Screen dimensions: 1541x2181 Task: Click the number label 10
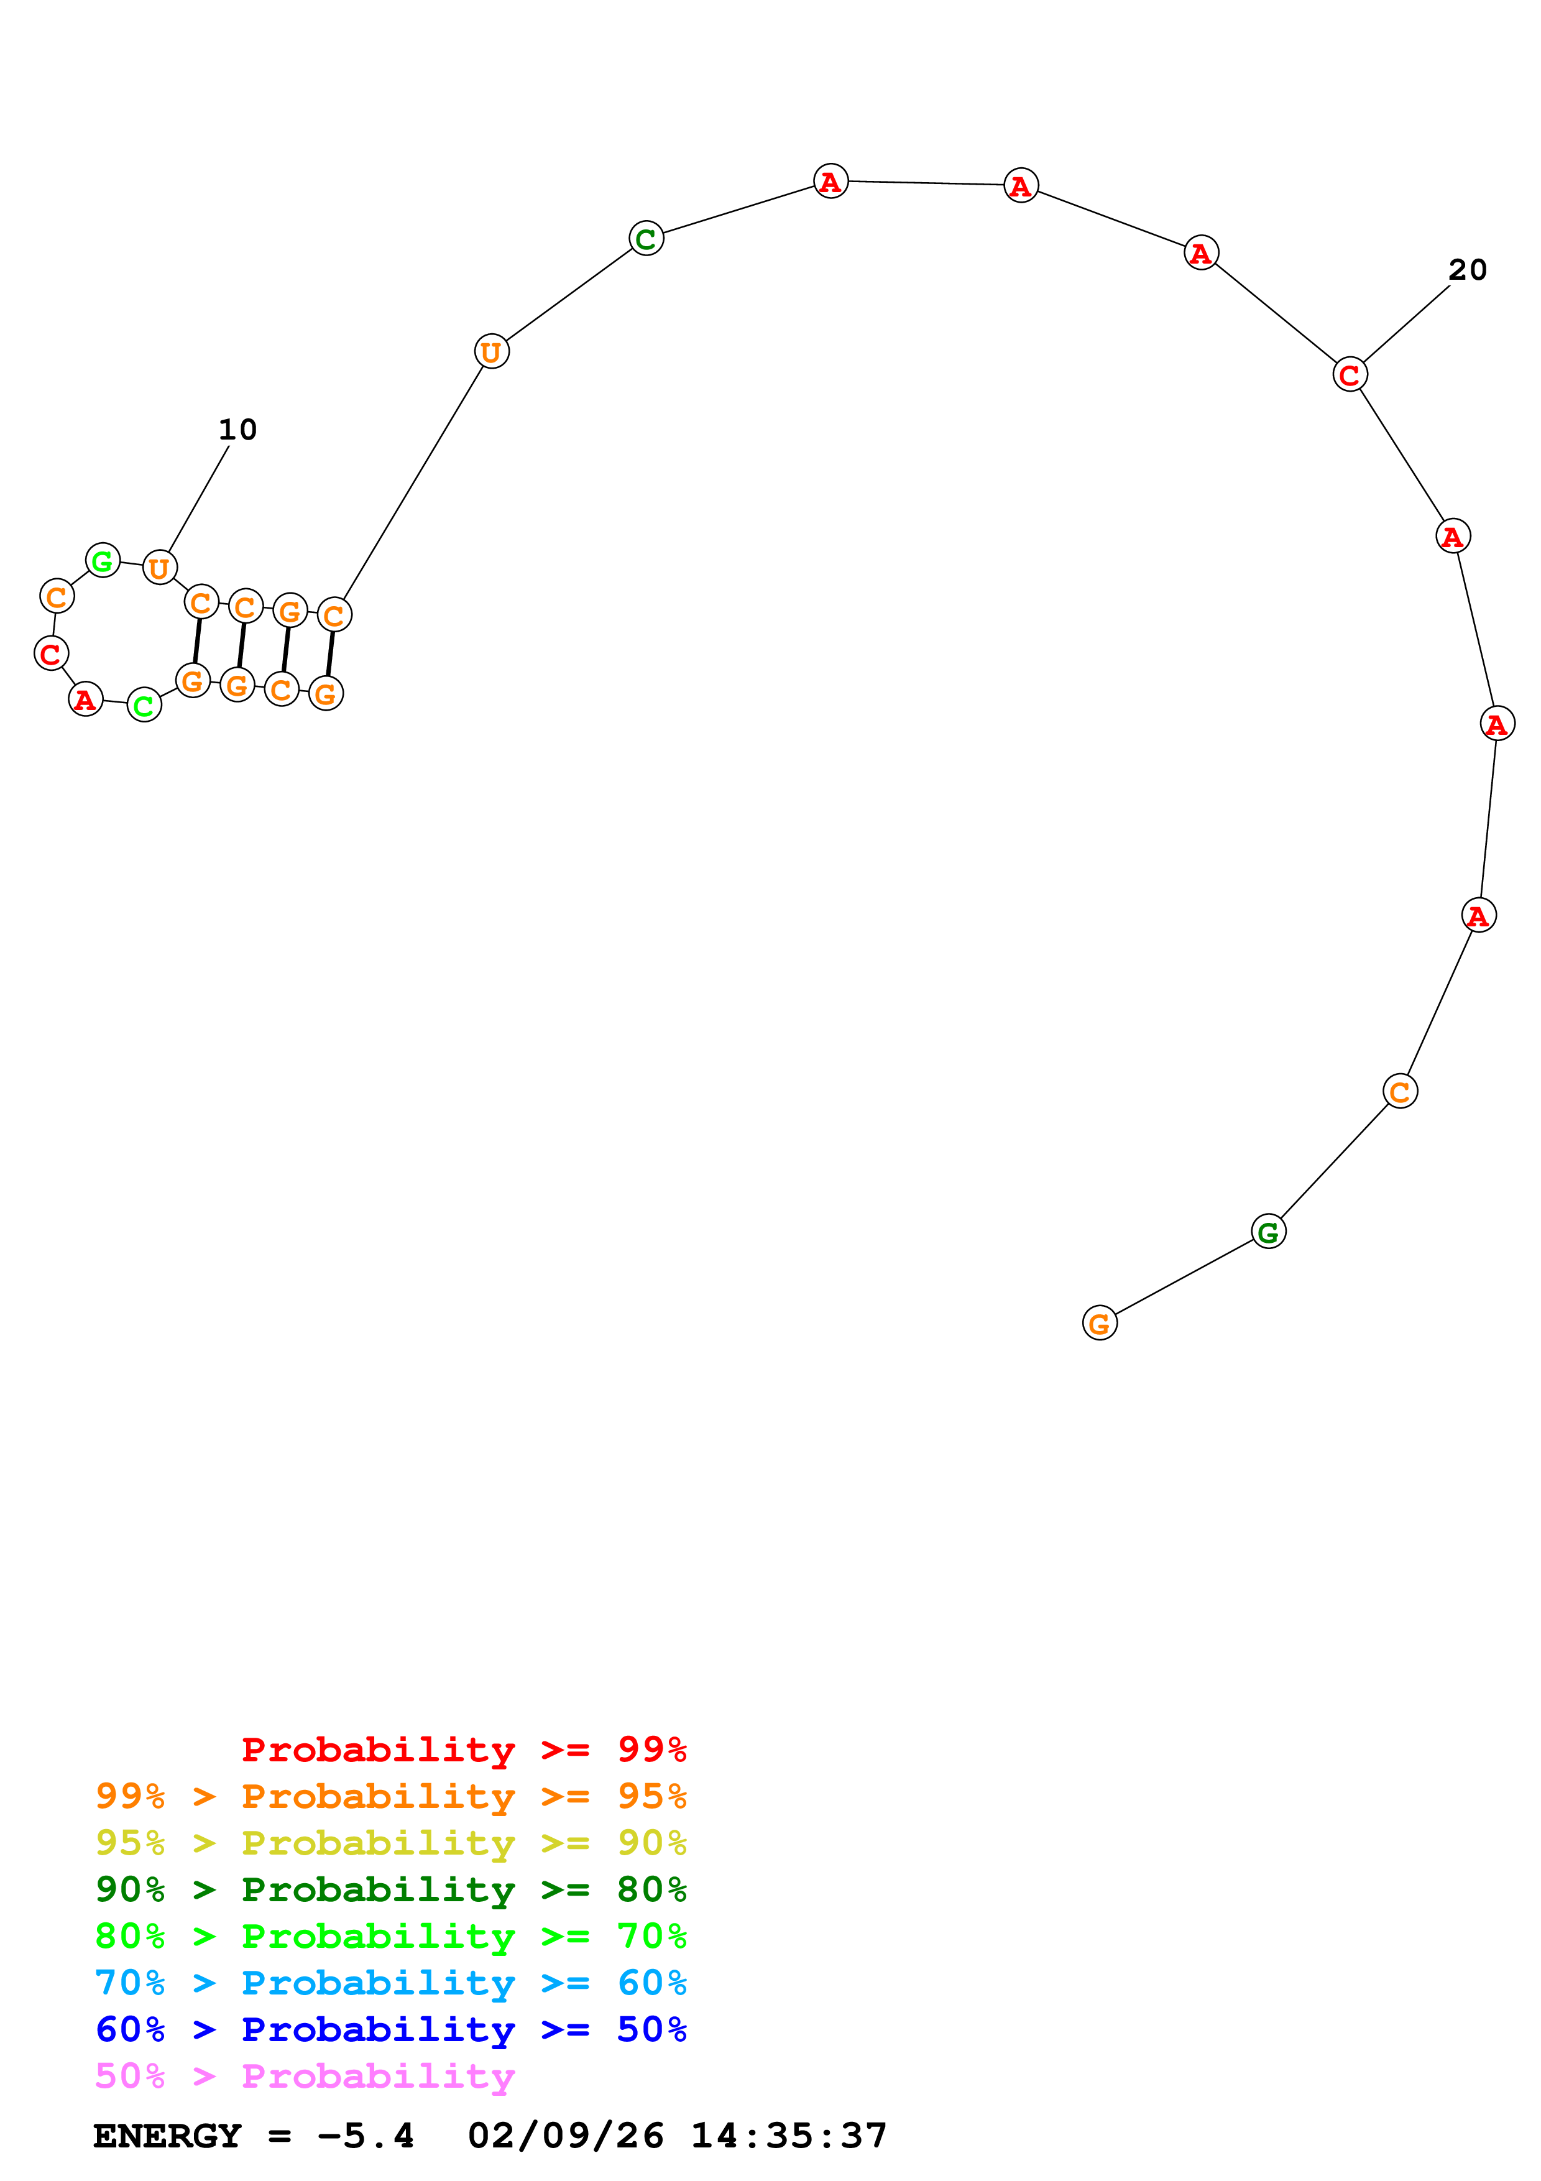237,430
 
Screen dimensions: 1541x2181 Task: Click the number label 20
1467,270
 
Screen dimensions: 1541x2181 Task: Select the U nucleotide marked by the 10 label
160,568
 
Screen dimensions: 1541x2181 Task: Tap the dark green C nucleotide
646,238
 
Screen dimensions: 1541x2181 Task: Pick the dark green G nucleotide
1267,1233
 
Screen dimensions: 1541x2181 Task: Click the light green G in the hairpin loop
103,560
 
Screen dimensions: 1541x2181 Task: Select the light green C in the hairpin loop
144,705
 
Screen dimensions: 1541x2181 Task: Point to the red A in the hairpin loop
85,699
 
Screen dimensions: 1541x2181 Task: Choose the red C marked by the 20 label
1349,374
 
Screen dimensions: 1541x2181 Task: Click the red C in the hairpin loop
51,653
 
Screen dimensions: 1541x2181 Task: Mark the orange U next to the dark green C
491,351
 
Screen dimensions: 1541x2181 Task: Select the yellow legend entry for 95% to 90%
390,1843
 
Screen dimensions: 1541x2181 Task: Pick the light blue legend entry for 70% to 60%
390,1983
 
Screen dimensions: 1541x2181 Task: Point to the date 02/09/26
566,2136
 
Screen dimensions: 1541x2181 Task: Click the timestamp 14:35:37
788,2136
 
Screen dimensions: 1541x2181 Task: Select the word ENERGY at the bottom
167,2136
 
